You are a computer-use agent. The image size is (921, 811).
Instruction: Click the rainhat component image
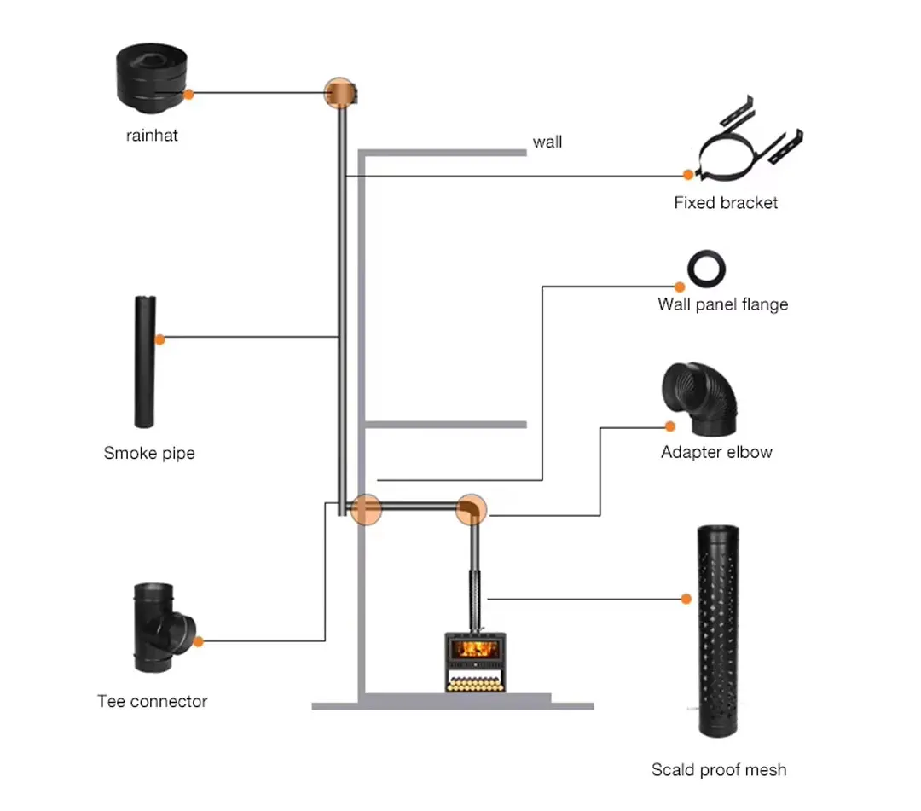coord(152,78)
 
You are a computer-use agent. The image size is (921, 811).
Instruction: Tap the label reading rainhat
coord(152,136)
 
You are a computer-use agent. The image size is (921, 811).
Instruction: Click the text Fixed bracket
coord(726,203)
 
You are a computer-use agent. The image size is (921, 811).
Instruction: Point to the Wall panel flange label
coord(722,304)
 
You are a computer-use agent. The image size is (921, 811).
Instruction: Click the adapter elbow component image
coord(699,399)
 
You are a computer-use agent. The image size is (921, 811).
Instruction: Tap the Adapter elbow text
coord(716,452)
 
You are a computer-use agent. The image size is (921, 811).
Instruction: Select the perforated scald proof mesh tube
coord(718,631)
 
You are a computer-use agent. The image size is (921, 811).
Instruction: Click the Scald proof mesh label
coord(718,769)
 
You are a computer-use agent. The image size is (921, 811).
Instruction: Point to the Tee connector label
coord(152,701)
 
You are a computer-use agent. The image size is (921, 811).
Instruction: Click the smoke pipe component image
coord(144,362)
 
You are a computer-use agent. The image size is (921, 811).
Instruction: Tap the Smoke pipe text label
coord(149,453)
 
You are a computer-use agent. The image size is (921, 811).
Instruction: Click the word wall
coord(547,142)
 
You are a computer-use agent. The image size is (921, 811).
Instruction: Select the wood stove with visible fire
coord(475,662)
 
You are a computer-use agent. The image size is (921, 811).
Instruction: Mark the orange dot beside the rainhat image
coord(188,94)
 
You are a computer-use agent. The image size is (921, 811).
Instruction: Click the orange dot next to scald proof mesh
coord(686,599)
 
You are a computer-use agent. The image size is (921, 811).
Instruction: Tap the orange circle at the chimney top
coord(340,93)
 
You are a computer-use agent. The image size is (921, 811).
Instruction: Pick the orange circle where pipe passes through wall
coord(366,509)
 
